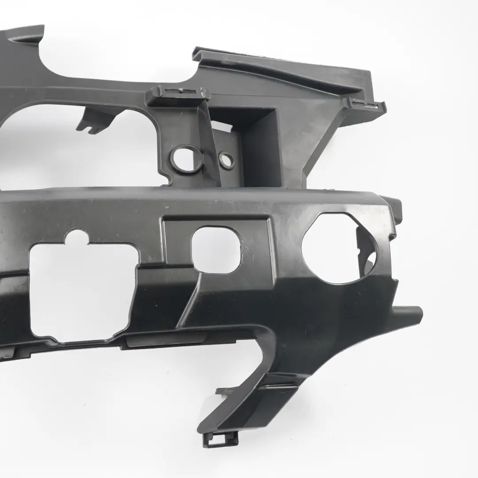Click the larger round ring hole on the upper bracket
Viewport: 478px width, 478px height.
click(x=185, y=159)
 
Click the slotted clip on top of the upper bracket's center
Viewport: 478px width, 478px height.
click(x=177, y=93)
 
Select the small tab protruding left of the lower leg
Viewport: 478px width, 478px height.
click(x=224, y=391)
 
